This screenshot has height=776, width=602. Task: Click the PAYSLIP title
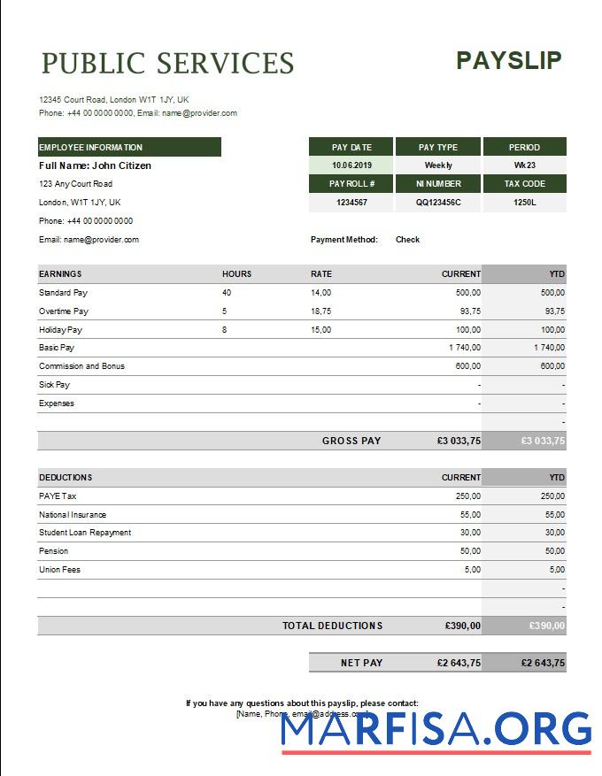click(x=508, y=60)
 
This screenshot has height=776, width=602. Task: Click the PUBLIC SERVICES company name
click(x=167, y=64)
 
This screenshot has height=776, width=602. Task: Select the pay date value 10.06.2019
click(x=351, y=165)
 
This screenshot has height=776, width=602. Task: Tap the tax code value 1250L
click(x=524, y=203)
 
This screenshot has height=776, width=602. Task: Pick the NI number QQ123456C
click(x=438, y=203)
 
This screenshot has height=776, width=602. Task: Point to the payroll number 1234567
click(x=351, y=203)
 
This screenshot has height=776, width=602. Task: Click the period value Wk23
click(x=524, y=165)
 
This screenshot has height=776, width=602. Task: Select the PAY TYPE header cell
click(x=438, y=147)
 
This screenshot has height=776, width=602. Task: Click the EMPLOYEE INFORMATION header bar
click(x=129, y=148)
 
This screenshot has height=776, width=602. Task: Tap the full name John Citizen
click(x=95, y=165)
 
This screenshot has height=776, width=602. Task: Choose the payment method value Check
click(x=407, y=240)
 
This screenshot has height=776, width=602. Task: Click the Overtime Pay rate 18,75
click(x=320, y=311)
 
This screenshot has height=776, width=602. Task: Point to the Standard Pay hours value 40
click(x=227, y=293)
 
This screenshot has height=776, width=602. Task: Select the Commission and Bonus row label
click(x=81, y=366)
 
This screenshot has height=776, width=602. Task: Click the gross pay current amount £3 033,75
click(x=459, y=441)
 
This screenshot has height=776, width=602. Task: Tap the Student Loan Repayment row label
click(x=85, y=533)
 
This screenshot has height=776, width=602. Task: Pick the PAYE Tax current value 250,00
click(x=467, y=496)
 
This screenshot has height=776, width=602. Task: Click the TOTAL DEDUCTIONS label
click(x=332, y=626)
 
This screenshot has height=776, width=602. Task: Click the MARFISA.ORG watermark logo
click(x=436, y=731)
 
